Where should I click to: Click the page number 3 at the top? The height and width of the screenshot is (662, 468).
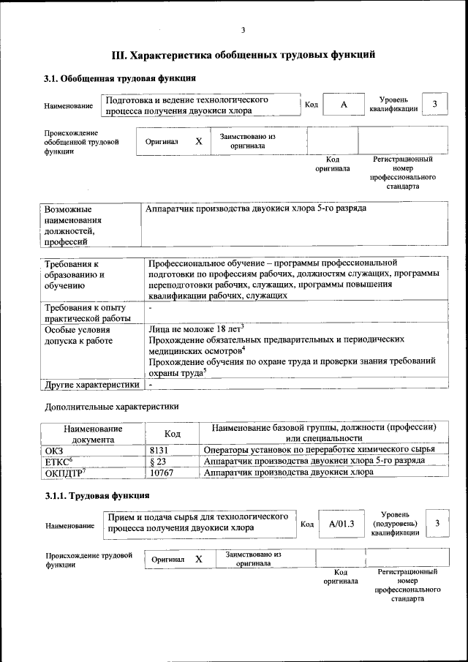(244, 30)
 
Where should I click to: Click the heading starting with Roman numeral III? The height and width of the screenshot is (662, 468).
(244, 54)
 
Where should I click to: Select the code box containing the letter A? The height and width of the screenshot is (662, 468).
(343, 105)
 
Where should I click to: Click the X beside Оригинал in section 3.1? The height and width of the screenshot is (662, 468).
(198, 141)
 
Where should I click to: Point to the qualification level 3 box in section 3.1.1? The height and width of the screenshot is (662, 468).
(437, 523)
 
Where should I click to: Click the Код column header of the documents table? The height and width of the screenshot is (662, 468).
(172, 434)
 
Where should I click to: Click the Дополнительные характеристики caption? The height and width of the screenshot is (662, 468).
(111, 405)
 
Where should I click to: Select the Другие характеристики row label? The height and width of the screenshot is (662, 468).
(91, 384)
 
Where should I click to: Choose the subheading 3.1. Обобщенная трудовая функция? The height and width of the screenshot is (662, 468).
(120, 78)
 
